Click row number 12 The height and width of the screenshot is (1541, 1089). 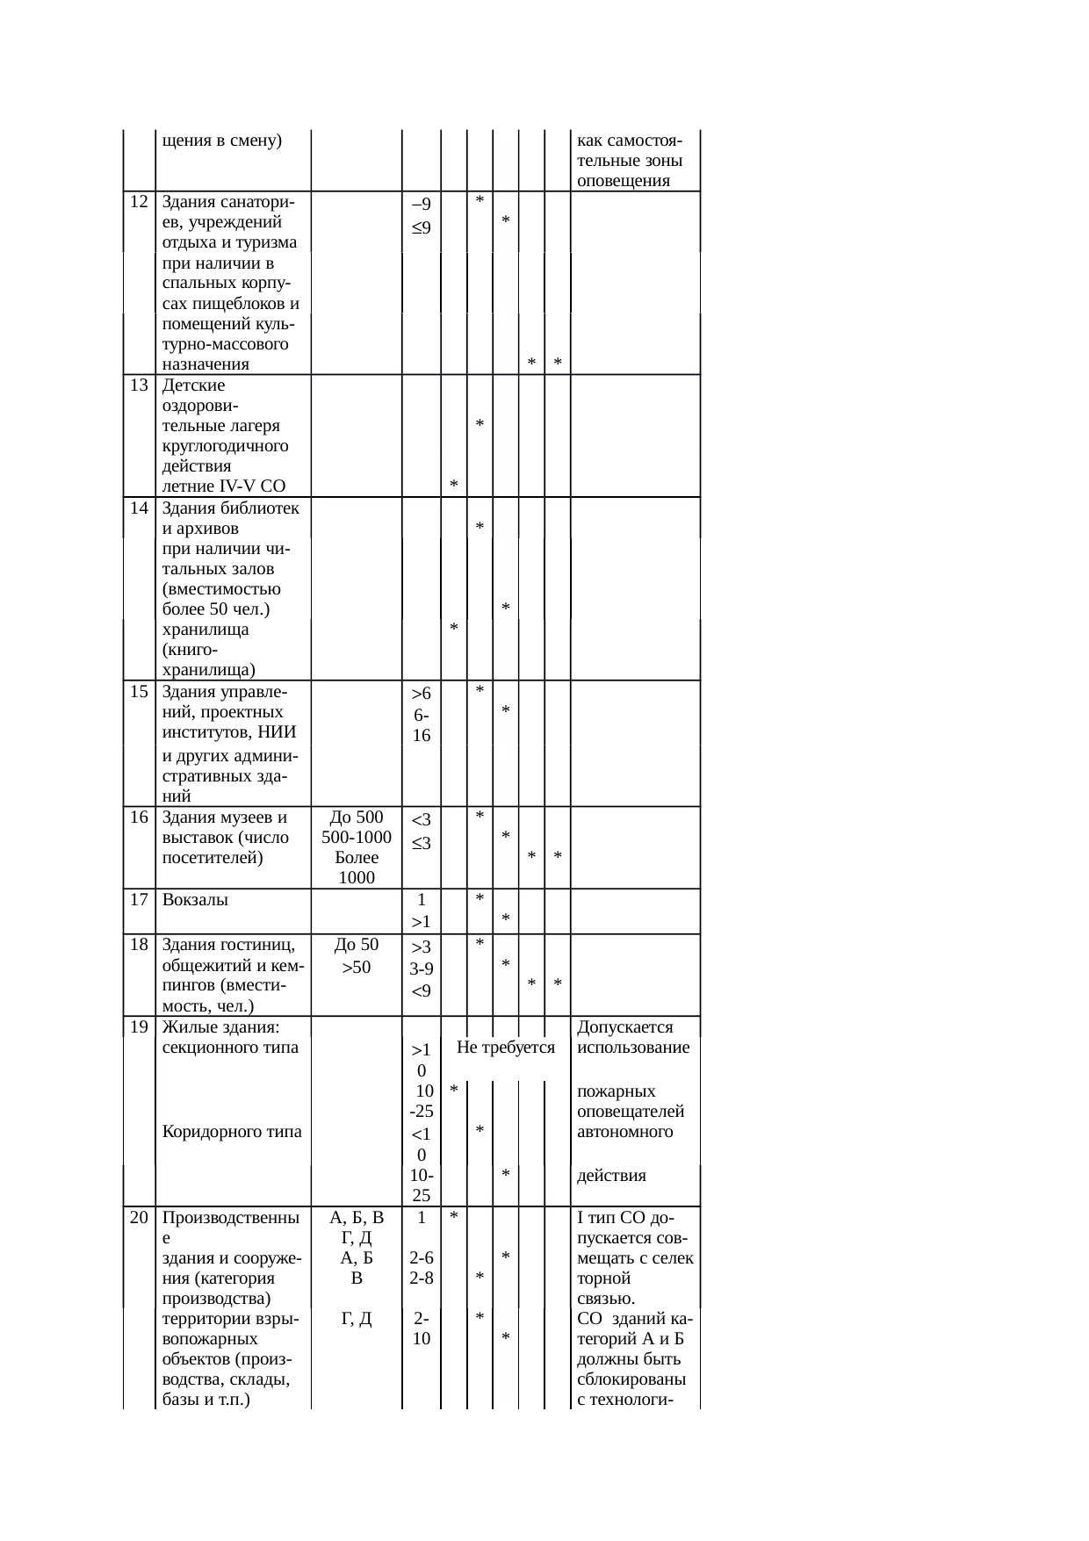coord(138,201)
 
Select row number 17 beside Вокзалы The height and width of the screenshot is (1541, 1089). coord(138,899)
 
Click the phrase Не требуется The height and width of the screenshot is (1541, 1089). coord(506,1047)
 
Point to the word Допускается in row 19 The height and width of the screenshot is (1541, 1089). coord(625,1026)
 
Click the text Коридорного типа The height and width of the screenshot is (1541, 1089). coord(232,1131)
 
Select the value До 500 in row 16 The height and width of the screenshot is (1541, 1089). coord(356,817)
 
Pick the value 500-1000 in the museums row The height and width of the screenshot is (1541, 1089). coord(356,837)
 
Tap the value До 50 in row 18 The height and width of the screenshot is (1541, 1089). coord(356,945)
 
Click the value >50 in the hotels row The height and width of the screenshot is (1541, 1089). coord(356,967)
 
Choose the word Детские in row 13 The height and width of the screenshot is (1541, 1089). coord(194,385)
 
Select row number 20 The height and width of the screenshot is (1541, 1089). coord(138,1218)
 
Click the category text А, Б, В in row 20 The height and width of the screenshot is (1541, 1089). coord(356,1218)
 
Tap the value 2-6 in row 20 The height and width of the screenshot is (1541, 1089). coord(422,1258)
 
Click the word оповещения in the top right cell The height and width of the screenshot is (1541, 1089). coord(624,182)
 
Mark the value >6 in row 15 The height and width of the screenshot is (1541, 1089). coord(422,694)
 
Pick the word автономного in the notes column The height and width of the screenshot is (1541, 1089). coord(624,1131)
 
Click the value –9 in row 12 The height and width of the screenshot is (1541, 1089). coord(422,205)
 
